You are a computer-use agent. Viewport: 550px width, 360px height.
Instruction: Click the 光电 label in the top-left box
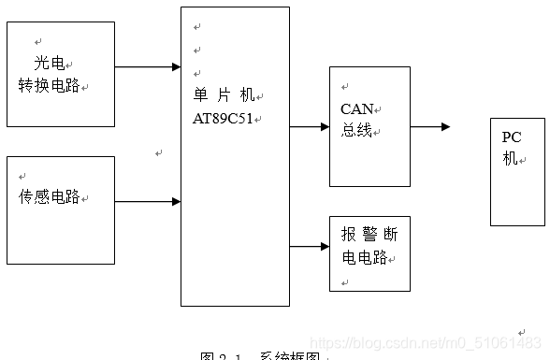tap(49, 64)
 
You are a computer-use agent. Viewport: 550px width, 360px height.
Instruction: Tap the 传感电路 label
tap(49, 197)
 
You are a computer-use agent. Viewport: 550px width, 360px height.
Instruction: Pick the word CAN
tap(357, 108)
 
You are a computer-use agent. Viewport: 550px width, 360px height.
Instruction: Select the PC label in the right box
tap(512, 137)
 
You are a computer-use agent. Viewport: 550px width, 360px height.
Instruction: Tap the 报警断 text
tap(369, 235)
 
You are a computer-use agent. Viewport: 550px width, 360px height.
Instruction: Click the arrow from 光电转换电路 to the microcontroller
tap(148, 67)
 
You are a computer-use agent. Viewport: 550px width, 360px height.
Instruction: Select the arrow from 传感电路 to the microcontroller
tap(148, 201)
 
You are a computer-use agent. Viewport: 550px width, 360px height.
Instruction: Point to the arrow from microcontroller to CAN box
tap(309, 126)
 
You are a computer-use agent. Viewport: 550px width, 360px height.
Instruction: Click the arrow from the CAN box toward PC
tap(430, 126)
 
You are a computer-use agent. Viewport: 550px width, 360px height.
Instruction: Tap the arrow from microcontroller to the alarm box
tap(309, 247)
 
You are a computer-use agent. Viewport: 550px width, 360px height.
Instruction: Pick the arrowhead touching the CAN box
tap(324, 126)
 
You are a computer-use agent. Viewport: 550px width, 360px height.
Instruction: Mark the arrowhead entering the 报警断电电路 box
tap(324, 247)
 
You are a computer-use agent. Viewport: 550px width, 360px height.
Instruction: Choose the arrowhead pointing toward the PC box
tap(445, 126)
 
